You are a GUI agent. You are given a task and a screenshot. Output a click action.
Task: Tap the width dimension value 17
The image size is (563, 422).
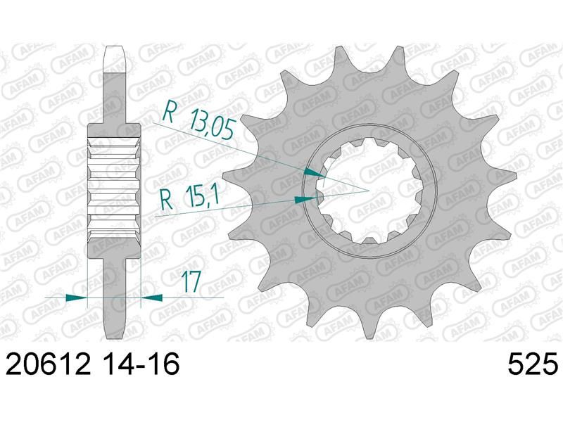coord(190,282)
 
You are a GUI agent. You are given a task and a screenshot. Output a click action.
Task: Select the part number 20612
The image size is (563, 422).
coord(48,364)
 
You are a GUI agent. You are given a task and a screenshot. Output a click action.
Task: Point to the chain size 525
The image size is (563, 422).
coord(533,364)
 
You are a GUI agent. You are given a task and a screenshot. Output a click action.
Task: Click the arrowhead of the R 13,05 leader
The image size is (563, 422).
coord(315,172)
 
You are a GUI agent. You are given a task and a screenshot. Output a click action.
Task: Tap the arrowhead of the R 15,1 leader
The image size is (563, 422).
coord(305,199)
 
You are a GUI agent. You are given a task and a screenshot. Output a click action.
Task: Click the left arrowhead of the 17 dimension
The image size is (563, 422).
coord(77,297)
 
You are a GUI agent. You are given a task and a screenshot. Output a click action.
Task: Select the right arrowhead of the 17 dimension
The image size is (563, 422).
coord(151,297)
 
